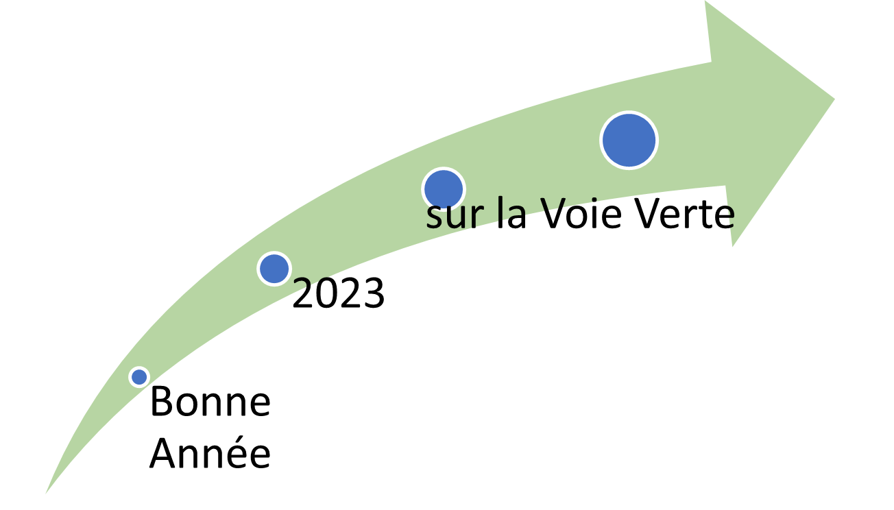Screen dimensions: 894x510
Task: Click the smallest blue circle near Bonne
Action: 139,377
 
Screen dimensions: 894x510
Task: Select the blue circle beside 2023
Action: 274,269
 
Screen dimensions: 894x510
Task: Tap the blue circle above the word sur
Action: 444,190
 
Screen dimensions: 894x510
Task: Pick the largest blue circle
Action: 629,141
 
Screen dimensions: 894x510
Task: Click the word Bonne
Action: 210,402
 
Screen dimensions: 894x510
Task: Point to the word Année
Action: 210,453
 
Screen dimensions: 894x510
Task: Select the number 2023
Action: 339,293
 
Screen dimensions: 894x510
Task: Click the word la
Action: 511,213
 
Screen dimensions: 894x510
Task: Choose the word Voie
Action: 581,213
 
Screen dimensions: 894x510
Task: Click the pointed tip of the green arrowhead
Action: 834,99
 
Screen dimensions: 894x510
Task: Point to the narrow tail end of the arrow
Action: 46,494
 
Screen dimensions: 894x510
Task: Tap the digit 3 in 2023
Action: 374,293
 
